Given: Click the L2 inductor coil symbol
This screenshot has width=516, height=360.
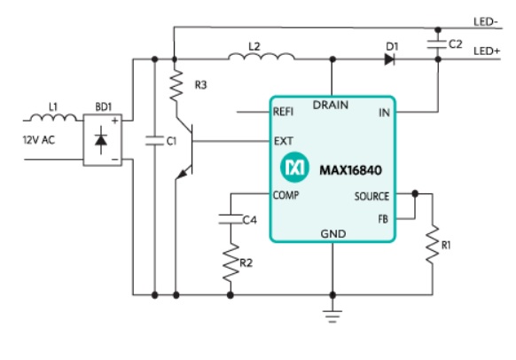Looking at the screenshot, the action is click(x=262, y=57).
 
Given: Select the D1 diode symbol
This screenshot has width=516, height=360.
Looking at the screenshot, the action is click(x=389, y=59).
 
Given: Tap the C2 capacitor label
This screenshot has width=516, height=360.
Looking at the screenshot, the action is click(x=456, y=44).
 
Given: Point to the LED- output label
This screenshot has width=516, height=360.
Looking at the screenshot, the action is click(x=486, y=22).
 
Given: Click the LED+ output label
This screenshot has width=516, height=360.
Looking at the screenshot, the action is click(x=487, y=51).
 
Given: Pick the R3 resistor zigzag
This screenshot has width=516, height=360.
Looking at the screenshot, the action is click(x=176, y=85).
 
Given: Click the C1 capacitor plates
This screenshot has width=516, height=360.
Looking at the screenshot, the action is click(x=154, y=141).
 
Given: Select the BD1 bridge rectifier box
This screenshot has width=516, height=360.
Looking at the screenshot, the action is click(x=103, y=140).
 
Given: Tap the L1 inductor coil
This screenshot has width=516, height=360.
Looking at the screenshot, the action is click(x=53, y=117).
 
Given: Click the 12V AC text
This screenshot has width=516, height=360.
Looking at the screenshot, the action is click(x=39, y=140).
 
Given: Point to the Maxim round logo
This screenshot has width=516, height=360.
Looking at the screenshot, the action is click(x=294, y=168).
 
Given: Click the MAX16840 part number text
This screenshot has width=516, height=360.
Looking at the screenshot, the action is click(x=351, y=170).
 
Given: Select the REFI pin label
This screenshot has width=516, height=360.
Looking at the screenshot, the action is click(x=283, y=112).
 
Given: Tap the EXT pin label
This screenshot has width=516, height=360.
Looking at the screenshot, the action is click(x=284, y=141).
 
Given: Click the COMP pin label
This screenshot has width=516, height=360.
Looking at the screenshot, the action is click(x=286, y=195).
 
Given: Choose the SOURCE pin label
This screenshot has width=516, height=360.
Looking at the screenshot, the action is click(x=371, y=197).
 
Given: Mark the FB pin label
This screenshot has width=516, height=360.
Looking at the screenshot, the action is click(x=383, y=219).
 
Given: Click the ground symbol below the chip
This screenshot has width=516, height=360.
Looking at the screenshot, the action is click(x=332, y=316).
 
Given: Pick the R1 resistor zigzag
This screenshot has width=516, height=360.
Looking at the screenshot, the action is click(x=433, y=244).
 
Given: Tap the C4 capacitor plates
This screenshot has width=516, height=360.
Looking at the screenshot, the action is click(x=231, y=220).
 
